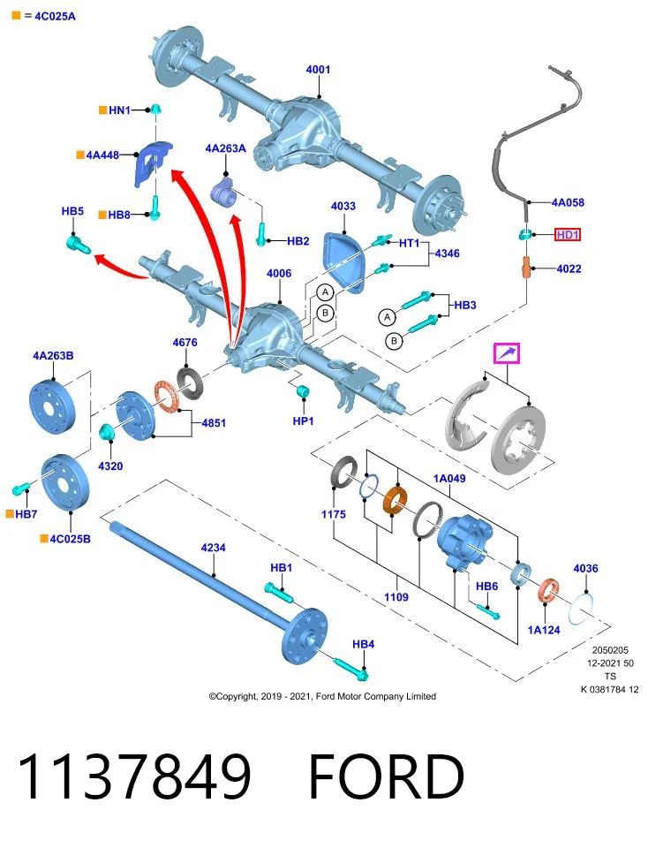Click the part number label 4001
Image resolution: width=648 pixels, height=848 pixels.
click(x=318, y=69)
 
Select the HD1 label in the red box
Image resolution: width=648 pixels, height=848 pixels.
click(x=568, y=235)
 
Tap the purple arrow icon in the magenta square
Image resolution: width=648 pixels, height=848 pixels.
click(x=507, y=353)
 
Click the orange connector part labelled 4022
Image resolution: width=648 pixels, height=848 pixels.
click(x=526, y=268)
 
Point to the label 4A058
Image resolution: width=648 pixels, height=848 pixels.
click(x=568, y=202)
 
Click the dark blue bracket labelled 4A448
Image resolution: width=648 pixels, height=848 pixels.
click(x=151, y=163)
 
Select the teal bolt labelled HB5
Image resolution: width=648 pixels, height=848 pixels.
click(x=79, y=244)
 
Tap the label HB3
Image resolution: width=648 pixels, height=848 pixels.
click(x=464, y=305)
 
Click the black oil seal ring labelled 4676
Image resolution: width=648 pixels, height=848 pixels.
click(x=190, y=382)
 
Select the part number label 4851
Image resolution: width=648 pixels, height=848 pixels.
click(x=214, y=423)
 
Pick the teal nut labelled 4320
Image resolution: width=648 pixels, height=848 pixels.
click(x=107, y=432)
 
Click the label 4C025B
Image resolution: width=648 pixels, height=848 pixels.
click(x=70, y=539)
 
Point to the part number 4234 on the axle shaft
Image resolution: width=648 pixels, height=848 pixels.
click(x=213, y=548)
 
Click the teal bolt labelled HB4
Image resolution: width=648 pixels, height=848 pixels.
click(x=350, y=668)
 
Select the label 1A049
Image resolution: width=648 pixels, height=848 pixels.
click(x=449, y=478)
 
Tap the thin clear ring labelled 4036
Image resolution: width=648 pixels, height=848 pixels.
click(x=581, y=609)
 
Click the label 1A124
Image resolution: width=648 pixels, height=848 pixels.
click(x=544, y=630)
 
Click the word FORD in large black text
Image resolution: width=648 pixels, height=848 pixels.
click(x=387, y=776)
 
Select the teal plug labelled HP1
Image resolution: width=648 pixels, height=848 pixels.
click(x=303, y=390)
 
